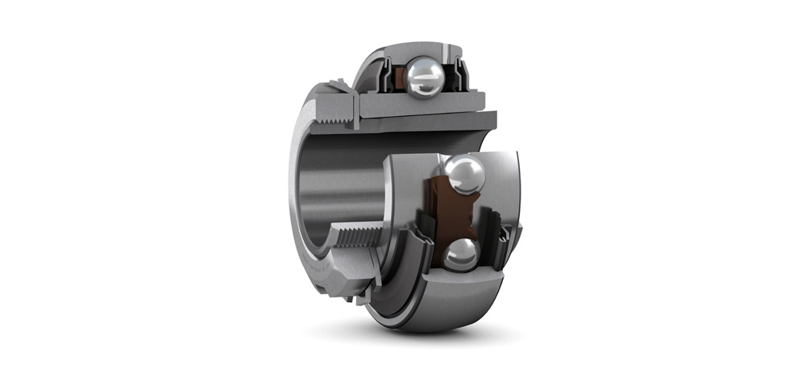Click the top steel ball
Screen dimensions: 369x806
click(x=424, y=77)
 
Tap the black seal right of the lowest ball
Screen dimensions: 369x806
click(x=501, y=243)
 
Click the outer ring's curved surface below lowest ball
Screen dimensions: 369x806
click(x=451, y=310)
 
